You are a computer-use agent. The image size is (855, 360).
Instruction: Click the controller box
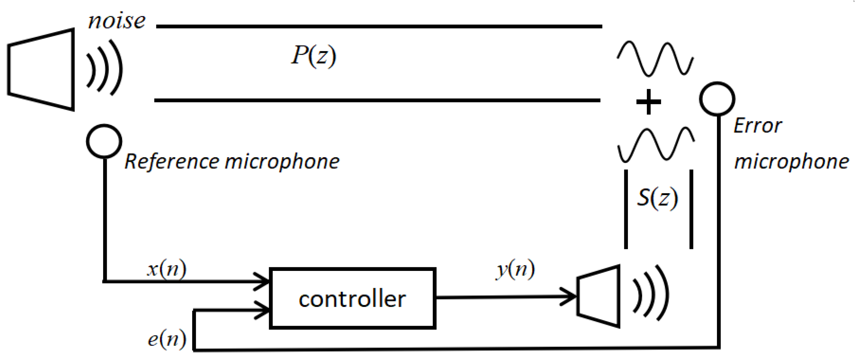click(353, 298)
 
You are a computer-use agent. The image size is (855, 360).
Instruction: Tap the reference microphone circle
click(104, 141)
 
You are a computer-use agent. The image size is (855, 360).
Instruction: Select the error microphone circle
click(717, 99)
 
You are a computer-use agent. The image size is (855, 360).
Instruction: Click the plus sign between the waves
click(648, 102)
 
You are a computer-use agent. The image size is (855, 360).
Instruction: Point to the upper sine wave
click(655, 59)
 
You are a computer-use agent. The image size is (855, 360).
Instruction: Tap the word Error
click(758, 126)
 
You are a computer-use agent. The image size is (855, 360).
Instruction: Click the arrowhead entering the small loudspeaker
click(569, 296)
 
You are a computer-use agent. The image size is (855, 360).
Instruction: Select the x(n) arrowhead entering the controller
click(263, 282)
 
